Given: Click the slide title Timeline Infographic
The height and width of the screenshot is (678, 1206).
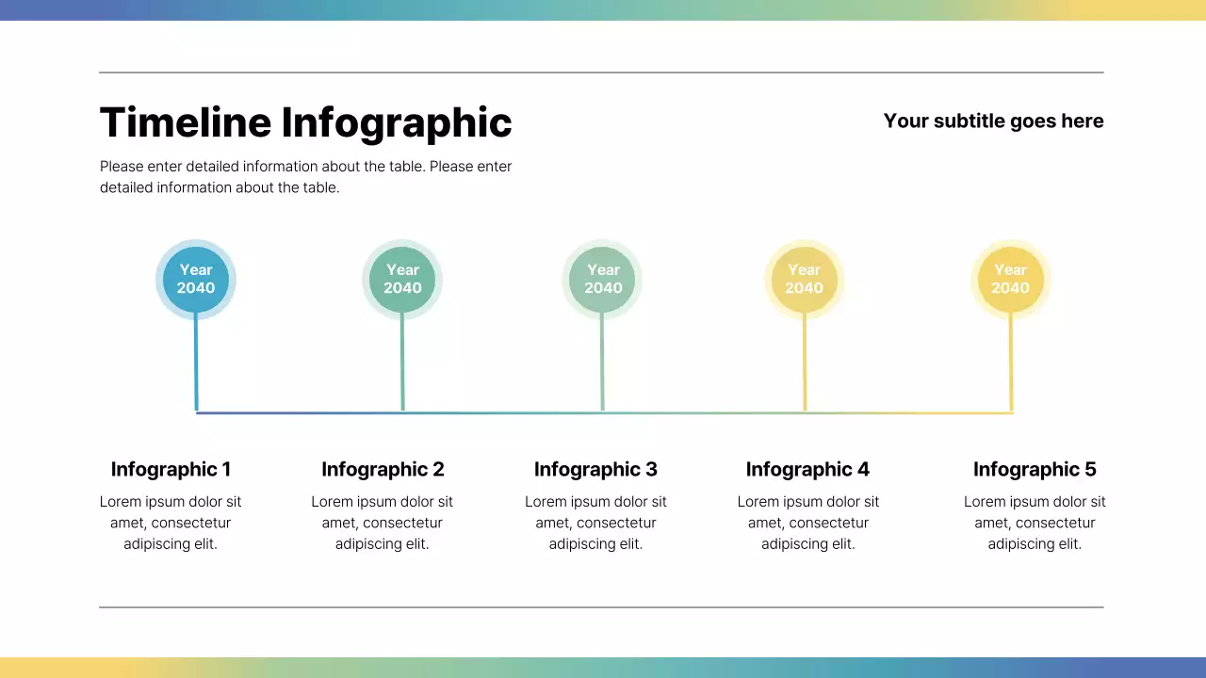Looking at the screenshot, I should pyautogui.click(x=305, y=123).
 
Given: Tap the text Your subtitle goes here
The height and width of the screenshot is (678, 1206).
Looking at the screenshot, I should pyautogui.click(x=993, y=121).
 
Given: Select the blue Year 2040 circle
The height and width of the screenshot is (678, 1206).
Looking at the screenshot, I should pyautogui.click(x=196, y=280).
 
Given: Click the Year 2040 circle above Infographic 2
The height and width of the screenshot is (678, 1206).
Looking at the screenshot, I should pyautogui.click(x=402, y=280).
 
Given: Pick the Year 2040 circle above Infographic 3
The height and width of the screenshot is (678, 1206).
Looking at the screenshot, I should pyautogui.click(x=603, y=280).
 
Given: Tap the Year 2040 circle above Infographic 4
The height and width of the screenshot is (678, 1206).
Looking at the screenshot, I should pyautogui.click(x=804, y=280).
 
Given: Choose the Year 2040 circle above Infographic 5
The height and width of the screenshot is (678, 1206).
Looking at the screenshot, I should pyautogui.click(x=1010, y=280).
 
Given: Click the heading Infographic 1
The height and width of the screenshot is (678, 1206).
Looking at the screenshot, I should pyautogui.click(x=171, y=469).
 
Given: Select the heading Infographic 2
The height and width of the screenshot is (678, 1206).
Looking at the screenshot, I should pyautogui.click(x=383, y=469).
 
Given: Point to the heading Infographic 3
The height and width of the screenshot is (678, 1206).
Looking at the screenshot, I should pyautogui.click(x=595, y=469).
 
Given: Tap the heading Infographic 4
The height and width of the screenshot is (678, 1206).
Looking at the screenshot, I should pyautogui.click(x=807, y=469).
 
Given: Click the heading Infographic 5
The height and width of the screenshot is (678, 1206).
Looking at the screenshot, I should pyautogui.click(x=1035, y=469).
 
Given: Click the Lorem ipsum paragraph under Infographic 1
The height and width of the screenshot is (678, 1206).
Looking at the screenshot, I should pyautogui.click(x=171, y=523).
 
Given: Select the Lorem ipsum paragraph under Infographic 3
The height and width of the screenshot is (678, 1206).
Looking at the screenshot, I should pyautogui.click(x=595, y=523).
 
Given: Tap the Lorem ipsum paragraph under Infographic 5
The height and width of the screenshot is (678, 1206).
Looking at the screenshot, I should pyautogui.click(x=1035, y=523).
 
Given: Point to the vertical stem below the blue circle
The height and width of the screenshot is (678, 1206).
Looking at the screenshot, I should pyautogui.click(x=196, y=363).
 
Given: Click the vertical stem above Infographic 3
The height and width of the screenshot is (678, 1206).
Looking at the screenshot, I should pyautogui.click(x=602, y=363).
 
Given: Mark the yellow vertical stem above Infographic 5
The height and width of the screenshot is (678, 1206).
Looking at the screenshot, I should pyautogui.click(x=1011, y=363).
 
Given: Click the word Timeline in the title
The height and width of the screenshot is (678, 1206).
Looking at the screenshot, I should pyautogui.click(x=185, y=123).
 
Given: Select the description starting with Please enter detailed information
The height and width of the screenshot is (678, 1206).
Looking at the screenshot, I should pyautogui.click(x=305, y=177).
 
